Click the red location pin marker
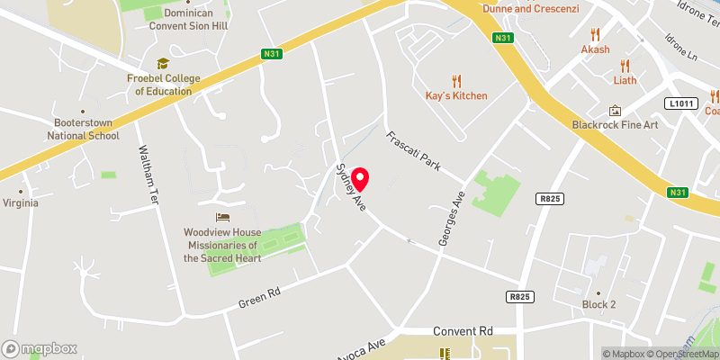point(361,180)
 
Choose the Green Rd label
point(260,298)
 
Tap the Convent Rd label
point(463,330)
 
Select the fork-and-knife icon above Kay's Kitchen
point(455,79)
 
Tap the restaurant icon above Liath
point(625,64)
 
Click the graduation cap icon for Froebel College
point(163,63)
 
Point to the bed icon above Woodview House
point(221,217)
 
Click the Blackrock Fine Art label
point(616,124)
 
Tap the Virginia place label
point(21,202)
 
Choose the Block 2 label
point(598,304)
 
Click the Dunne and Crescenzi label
point(530,8)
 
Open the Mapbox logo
point(40,348)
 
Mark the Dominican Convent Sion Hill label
point(188,20)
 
